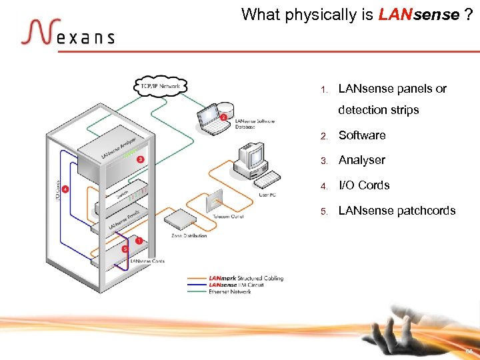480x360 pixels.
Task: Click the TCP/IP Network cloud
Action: pos(161,86)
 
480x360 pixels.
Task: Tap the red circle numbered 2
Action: pos(224,117)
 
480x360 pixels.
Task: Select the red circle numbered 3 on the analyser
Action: pos(140,159)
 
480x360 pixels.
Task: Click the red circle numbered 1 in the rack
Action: pos(139,240)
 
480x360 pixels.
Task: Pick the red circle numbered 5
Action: pos(125,249)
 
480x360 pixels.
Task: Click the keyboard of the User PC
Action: pos(268,179)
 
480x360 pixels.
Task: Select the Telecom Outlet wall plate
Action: pos(215,199)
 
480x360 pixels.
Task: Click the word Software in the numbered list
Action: pos(362,135)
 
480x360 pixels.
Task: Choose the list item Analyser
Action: pos(362,160)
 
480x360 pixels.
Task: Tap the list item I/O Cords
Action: pos(364,185)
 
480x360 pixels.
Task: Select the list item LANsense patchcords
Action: pos(397,211)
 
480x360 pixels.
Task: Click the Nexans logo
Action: pos(67,33)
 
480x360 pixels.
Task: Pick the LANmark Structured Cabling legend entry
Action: pos(246,278)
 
